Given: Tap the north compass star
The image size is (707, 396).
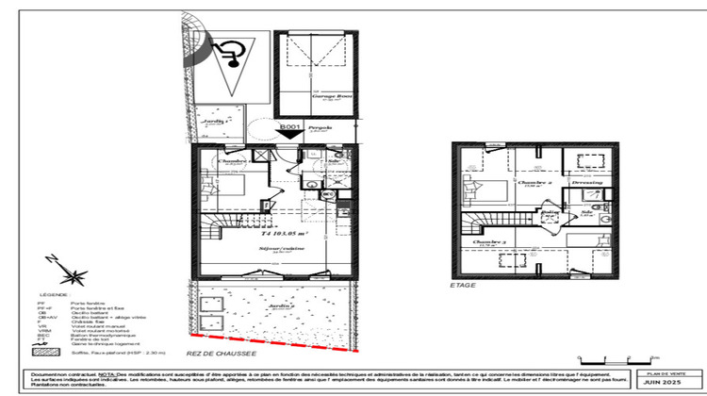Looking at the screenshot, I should click(71, 274).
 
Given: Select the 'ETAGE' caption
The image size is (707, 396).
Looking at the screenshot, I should click(463, 284).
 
